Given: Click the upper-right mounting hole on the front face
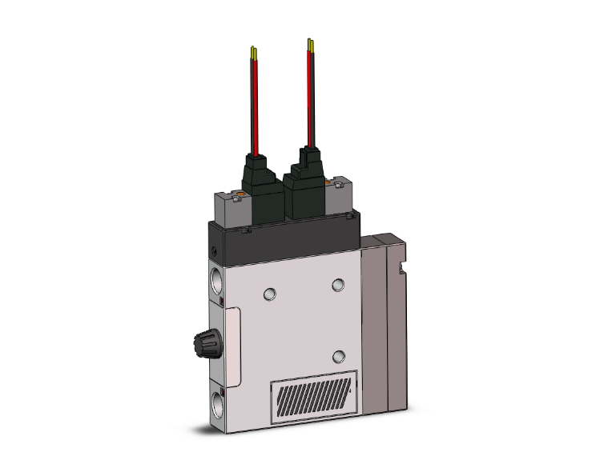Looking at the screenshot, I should (x=337, y=283).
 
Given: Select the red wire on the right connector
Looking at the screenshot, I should (x=310, y=96).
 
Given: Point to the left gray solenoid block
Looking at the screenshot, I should (x=232, y=207).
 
